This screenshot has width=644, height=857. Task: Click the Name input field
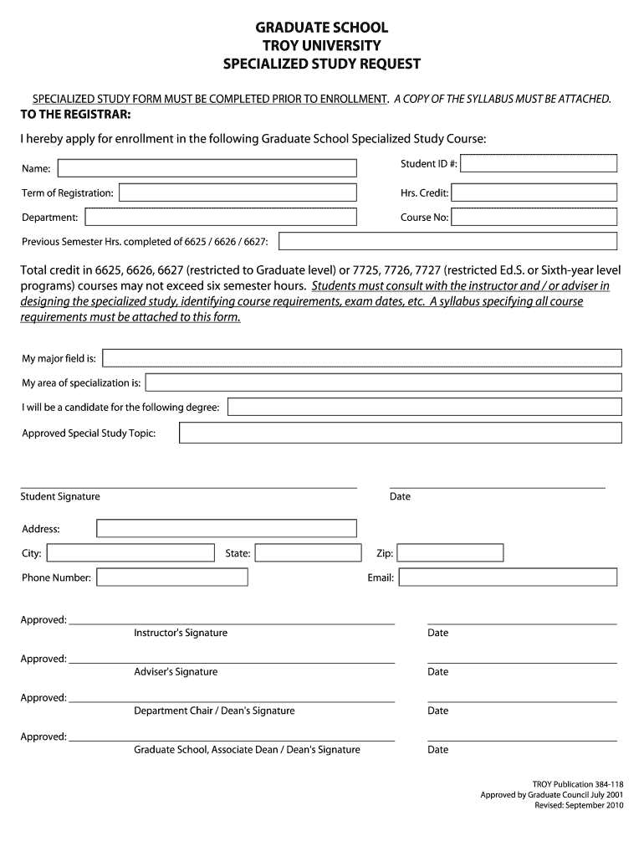(206, 168)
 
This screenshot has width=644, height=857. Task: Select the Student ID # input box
(539, 163)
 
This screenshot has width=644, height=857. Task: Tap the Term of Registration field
(238, 193)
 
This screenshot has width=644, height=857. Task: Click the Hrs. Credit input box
(534, 193)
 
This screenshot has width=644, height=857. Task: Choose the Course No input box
(534, 218)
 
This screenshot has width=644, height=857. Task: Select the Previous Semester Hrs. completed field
(447, 242)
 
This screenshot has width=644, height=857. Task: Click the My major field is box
(361, 358)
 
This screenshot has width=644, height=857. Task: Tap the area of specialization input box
(383, 382)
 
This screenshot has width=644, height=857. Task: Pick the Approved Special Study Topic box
(400, 433)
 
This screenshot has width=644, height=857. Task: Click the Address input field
(226, 528)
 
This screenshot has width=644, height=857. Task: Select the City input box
(130, 553)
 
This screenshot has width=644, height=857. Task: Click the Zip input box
(450, 553)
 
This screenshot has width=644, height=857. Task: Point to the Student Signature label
(60, 497)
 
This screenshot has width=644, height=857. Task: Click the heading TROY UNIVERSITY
(322, 46)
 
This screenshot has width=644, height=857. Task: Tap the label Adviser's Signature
(176, 672)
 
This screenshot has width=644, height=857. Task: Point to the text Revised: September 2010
(579, 806)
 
